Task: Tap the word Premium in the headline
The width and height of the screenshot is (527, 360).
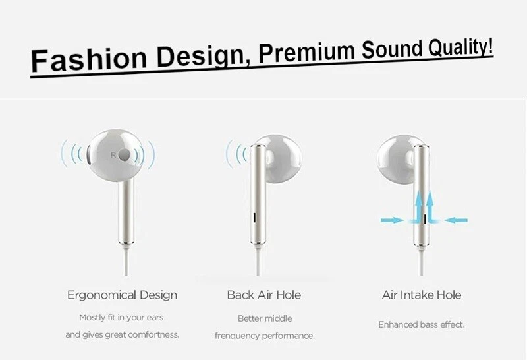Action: pos(306,51)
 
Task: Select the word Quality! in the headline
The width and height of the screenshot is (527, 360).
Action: pos(460,47)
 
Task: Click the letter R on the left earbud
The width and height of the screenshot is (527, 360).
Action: pos(113,155)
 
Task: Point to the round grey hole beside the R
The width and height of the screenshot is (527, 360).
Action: pos(124,154)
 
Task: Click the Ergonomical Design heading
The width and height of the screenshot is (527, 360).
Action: pos(122,295)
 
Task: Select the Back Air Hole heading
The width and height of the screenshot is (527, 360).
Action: pos(264,295)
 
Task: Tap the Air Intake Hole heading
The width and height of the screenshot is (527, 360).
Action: pos(422,295)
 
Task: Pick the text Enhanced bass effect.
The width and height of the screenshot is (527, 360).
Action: pos(422,324)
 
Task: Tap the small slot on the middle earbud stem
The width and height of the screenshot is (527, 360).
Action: pos(254,218)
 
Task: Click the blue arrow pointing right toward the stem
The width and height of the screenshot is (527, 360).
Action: pos(392,220)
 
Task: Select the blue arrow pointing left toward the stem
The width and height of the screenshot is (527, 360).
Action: pos(456,220)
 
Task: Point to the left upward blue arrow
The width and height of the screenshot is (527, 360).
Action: pos(418,205)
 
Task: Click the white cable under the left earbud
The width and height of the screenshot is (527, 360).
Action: pos(126,260)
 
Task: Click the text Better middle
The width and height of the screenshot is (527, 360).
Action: pos(265,318)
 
